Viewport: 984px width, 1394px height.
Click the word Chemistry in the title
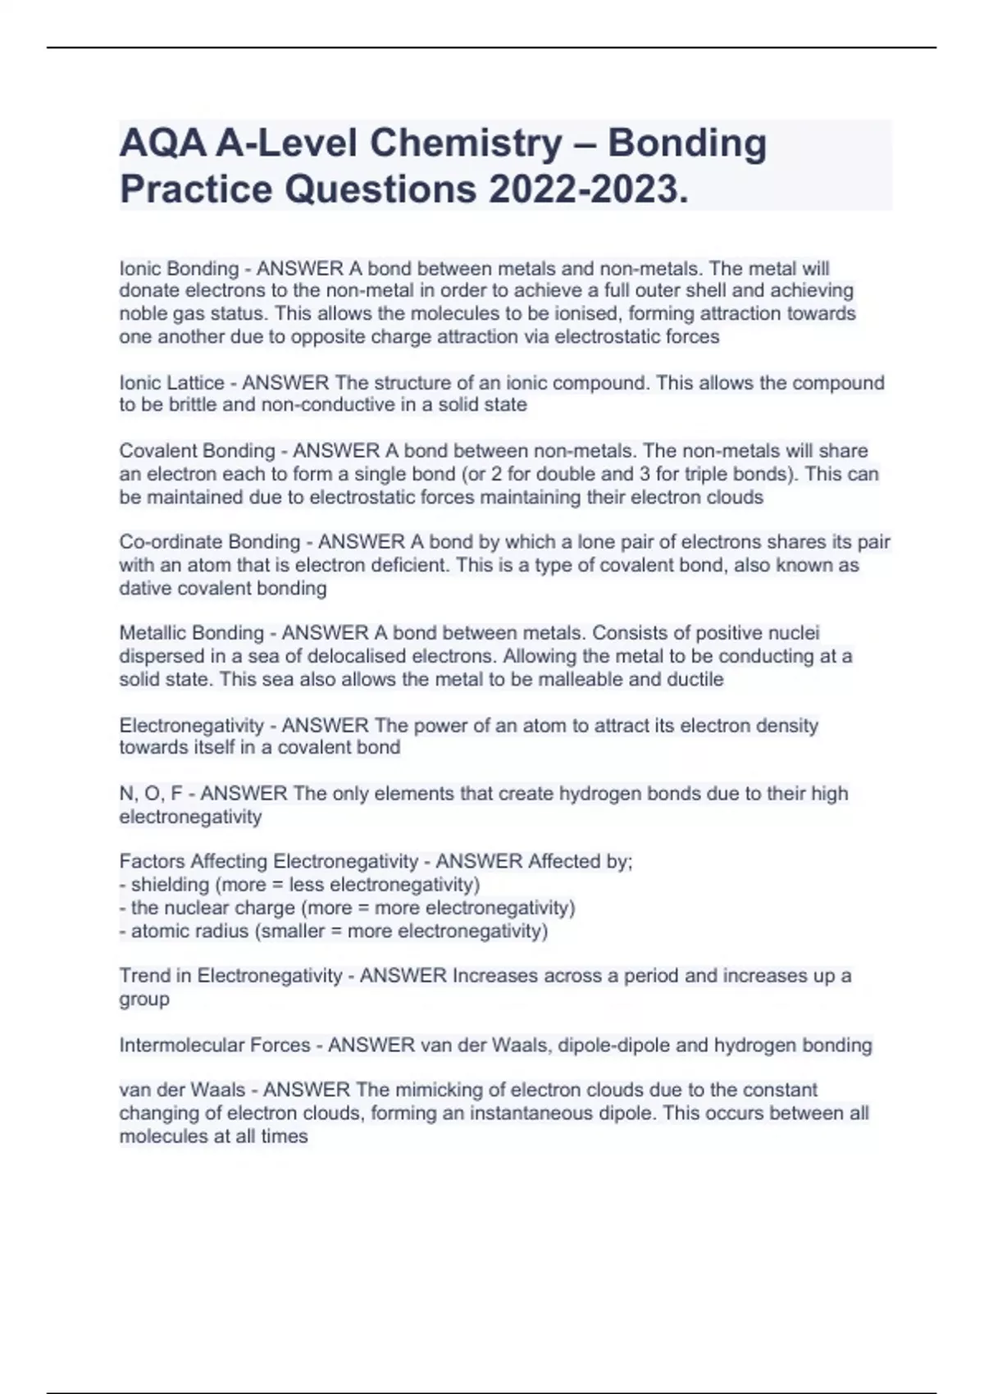tap(465, 143)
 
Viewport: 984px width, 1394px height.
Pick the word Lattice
tap(195, 382)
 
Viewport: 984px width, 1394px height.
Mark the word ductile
tap(696, 679)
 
